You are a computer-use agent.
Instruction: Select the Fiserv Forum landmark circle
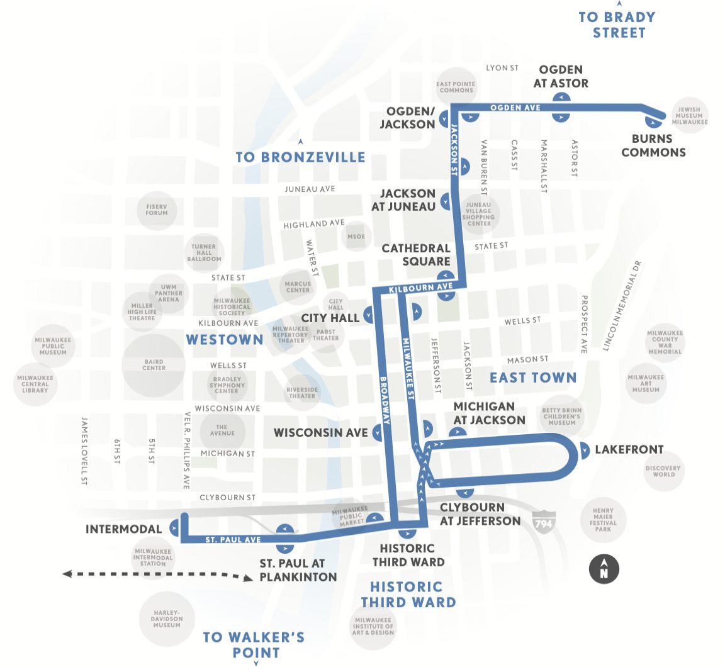click(157, 210)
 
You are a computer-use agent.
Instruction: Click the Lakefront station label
click(629, 449)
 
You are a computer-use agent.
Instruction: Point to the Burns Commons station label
click(653, 145)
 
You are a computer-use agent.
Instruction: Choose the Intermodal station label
click(123, 529)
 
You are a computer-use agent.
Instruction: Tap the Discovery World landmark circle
click(663, 471)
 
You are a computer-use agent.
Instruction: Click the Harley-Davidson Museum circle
click(167, 618)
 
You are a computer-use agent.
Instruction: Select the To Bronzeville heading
click(300, 157)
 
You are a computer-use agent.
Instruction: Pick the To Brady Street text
click(617, 25)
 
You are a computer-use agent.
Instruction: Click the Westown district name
click(225, 340)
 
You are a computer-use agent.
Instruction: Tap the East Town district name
click(533, 378)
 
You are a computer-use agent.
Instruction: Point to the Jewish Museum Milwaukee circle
click(688, 116)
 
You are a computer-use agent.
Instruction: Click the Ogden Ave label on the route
click(515, 108)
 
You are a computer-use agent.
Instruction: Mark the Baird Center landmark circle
click(154, 365)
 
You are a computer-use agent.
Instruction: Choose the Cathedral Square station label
click(416, 255)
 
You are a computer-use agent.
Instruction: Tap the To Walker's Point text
click(254, 644)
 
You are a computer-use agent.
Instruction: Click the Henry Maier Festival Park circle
click(602, 520)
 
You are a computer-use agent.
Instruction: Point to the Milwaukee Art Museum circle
click(646, 383)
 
